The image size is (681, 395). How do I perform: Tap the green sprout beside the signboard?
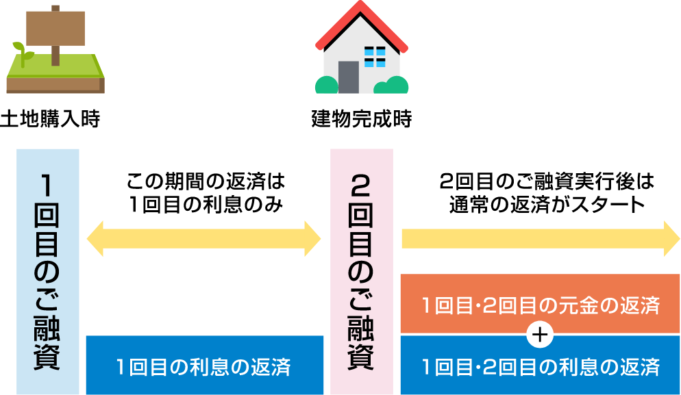22,53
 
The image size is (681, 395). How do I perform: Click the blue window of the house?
375,56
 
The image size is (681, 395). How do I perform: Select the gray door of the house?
348,77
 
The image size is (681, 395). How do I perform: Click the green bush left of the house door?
326,85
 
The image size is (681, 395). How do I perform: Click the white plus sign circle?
541,335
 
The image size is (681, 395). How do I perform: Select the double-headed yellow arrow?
203,239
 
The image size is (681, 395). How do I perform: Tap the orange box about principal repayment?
540,305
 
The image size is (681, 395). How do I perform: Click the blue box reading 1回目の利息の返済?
204,366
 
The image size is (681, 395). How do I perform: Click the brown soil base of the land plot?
55,85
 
